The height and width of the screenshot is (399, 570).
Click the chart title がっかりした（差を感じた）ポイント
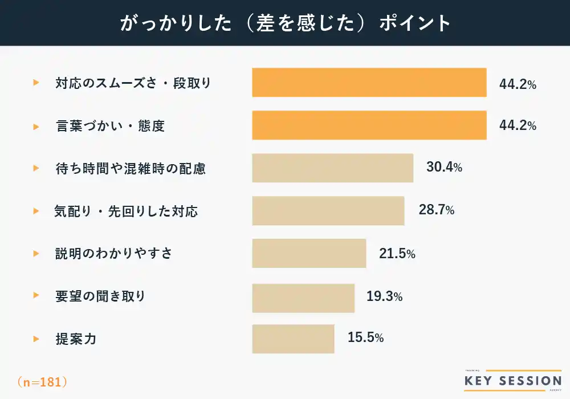[x=285, y=23]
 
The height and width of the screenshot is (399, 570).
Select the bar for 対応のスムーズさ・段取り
[x=369, y=83]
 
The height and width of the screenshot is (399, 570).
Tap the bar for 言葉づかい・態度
[x=369, y=125]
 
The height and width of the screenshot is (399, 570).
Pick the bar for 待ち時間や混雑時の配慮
[x=332, y=168]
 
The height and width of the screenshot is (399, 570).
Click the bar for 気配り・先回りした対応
[x=328, y=211]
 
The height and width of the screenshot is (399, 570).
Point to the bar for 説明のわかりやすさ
[x=309, y=254]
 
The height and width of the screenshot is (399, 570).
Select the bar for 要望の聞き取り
[x=303, y=296]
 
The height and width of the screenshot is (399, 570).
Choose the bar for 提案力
[x=293, y=339]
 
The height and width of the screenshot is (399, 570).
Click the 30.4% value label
[x=444, y=168]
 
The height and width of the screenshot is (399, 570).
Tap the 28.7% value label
[x=437, y=210]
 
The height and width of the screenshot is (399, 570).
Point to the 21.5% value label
[x=397, y=254]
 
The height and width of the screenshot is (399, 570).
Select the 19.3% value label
[x=385, y=296]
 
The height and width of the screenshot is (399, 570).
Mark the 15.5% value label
[x=365, y=338]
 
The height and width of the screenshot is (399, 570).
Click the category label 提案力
[x=76, y=339]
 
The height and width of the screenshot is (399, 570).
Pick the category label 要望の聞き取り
[x=100, y=296]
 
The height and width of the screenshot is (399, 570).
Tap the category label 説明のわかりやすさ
[x=113, y=254]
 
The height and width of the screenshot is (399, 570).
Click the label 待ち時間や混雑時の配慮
[x=131, y=169]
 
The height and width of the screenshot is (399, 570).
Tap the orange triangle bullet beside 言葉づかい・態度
[x=36, y=126]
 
